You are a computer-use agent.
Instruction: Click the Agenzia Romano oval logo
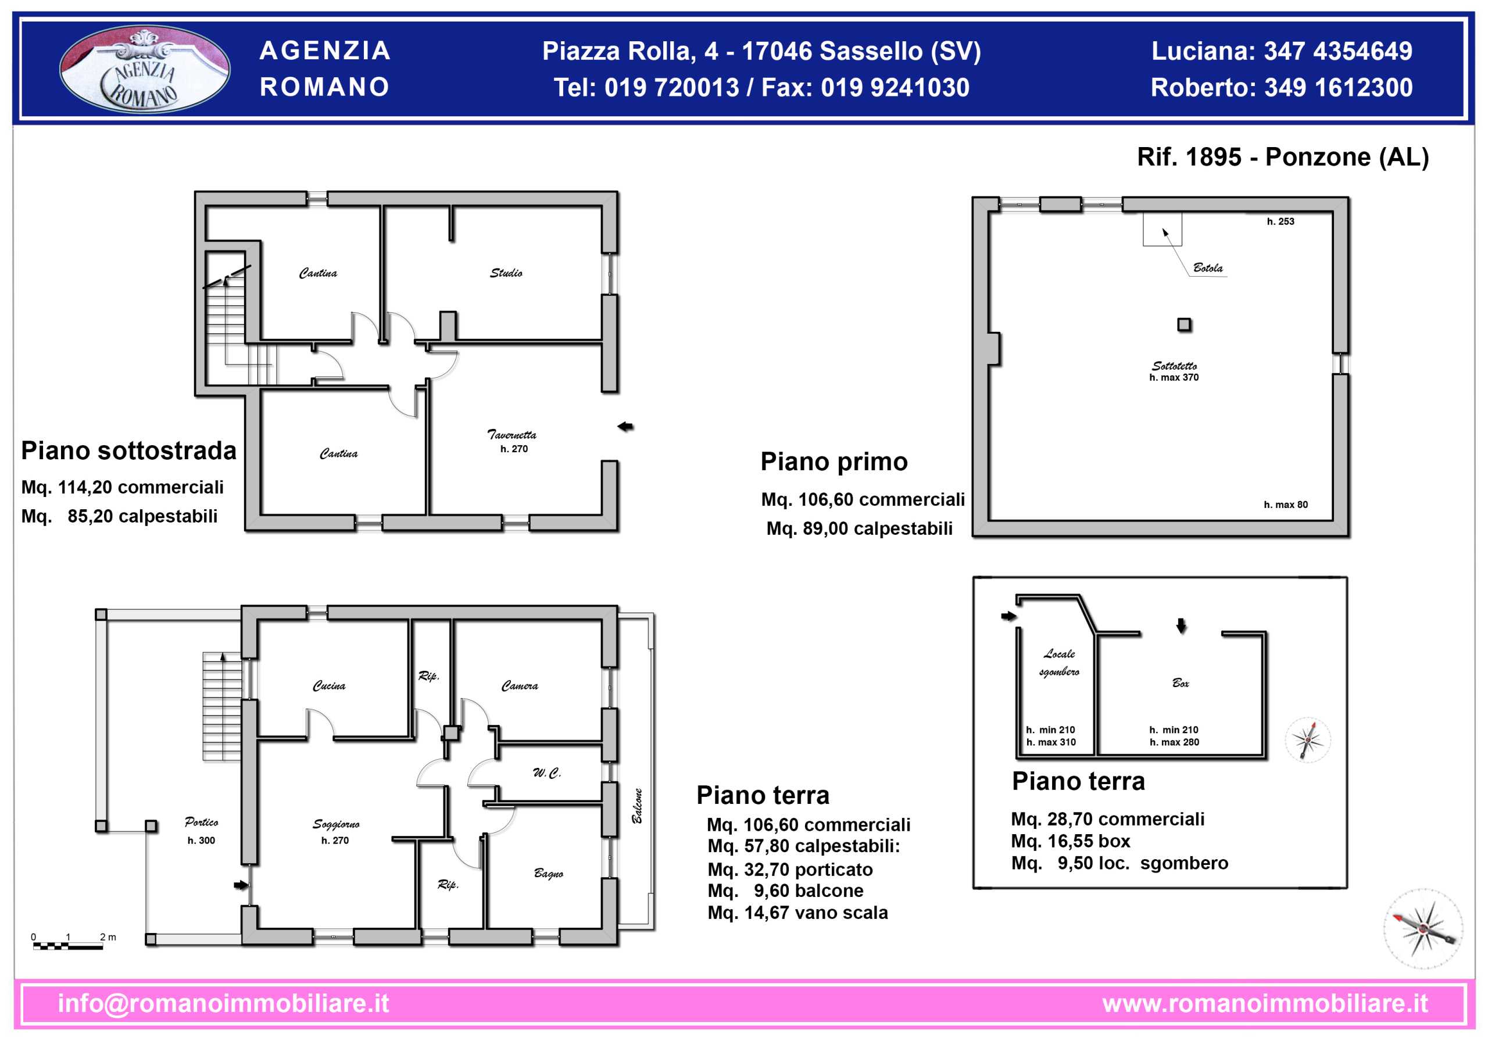point(145,69)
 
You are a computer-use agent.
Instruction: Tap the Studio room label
point(506,273)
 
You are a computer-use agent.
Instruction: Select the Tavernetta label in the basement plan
point(512,434)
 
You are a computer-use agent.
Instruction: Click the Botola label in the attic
point(1208,267)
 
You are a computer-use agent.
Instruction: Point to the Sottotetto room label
point(1174,366)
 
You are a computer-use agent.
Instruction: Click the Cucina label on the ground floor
point(329,686)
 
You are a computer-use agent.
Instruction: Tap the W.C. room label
point(547,773)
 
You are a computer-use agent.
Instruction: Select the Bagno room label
point(548,874)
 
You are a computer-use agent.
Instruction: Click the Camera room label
point(520,686)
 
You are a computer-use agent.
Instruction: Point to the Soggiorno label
point(336,824)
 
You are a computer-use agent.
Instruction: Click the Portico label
point(202,822)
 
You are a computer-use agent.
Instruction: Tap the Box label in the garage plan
point(1181,682)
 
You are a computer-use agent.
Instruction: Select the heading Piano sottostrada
point(129,451)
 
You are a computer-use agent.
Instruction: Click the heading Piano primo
point(834,462)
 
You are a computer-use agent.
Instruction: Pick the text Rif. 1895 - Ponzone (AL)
point(1283,157)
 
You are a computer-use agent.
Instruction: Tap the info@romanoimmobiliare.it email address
point(224,1003)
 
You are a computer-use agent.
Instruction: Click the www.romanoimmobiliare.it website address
point(1265,1003)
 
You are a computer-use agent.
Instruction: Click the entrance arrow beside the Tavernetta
point(625,427)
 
